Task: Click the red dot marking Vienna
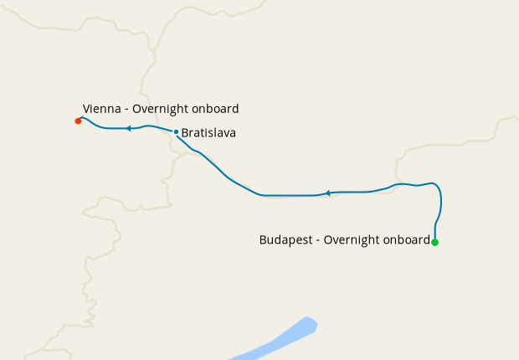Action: [x=78, y=121]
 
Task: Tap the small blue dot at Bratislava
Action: [x=176, y=131]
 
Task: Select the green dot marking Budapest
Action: [x=434, y=242]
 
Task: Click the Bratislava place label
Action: [x=208, y=132]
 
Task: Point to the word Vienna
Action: [x=101, y=109]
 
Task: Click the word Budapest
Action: [x=287, y=239]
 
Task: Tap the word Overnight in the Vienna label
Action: [x=164, y=109]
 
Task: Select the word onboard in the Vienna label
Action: [x=217, y=109]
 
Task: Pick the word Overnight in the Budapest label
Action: [x=352, y=239]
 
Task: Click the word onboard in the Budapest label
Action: [x=406, y=239]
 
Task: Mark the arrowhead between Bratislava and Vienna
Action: [x=129, y=128]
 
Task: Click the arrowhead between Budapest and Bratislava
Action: [x=329, y=193]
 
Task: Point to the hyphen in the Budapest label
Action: [x=318, y=240]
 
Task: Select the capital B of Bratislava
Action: [x=185, y=132]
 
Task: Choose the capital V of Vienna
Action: [x=86, y=109]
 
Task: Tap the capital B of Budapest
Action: [x=264, y=239]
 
